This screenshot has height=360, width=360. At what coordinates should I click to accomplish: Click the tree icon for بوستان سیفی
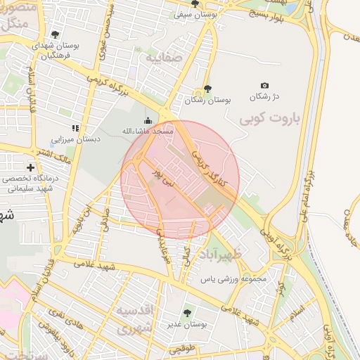[x=195, y=4]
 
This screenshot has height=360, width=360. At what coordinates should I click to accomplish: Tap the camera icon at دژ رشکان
[x=264, y=86]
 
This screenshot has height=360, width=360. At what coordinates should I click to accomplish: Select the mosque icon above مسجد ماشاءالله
[x=148, y=120]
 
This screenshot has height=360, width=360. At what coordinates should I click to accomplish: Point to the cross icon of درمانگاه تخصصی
[x=30, y=167]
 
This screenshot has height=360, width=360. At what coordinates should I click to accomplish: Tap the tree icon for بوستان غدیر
[x=186, y=313]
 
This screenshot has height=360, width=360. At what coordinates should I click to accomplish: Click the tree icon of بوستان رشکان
[x=207, y=89]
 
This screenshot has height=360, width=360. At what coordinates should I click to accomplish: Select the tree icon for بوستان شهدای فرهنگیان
[x=55, y=34]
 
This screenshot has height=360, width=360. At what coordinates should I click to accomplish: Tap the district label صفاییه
[x=163, y=58]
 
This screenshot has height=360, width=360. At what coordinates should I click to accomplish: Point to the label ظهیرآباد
[x=221, y=254]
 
